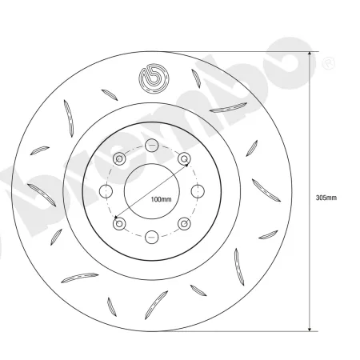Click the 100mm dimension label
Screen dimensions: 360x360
coord(161,198)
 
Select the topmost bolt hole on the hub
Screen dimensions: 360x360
coord(151,145)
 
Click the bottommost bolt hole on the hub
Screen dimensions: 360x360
coord(151,235)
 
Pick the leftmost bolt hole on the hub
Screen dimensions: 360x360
coord(106,190)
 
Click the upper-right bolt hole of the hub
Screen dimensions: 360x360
coord(183,158)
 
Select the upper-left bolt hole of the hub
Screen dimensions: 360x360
coord(119,158)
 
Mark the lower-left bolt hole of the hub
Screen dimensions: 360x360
coord(119,222)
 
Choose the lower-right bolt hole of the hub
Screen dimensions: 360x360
coord(183,222)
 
